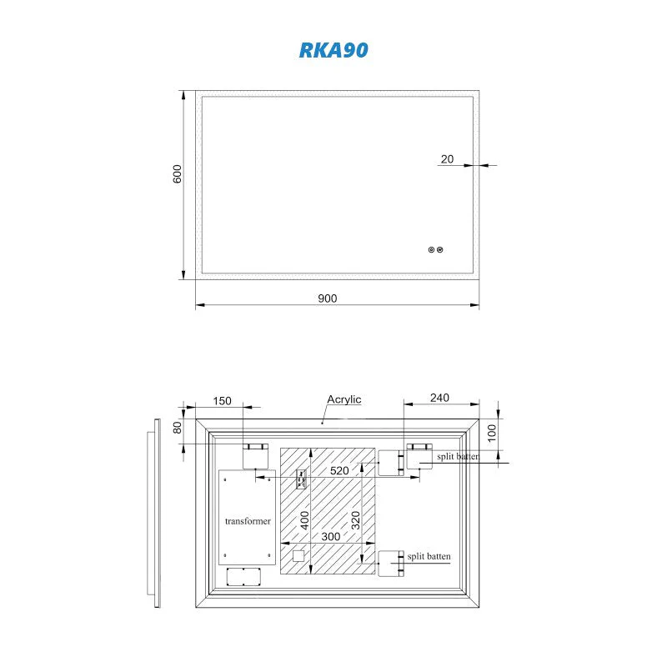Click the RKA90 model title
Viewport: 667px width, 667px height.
333,50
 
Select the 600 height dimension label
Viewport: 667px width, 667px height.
177,173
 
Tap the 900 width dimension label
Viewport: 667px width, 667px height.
328,299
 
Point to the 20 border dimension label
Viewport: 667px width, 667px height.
448,159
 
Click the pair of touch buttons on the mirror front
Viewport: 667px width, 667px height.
434,249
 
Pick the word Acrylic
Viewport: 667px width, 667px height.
344,399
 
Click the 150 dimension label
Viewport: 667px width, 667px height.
222,401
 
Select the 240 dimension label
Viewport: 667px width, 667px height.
441,399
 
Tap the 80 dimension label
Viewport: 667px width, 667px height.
177,428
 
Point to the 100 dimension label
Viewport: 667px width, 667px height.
492,432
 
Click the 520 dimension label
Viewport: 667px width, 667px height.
339,471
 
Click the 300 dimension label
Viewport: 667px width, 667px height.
330,537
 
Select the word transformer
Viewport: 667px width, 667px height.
248,520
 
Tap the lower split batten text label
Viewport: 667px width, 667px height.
429,556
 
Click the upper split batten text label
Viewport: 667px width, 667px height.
457,457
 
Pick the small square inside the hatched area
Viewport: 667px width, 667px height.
298,556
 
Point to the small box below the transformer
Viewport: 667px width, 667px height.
244,577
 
